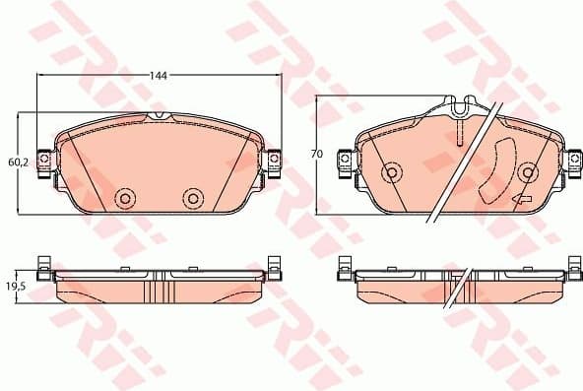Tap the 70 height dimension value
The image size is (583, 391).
[316, 155]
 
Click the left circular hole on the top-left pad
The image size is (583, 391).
[125, 198]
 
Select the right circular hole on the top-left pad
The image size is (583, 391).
[192, 198]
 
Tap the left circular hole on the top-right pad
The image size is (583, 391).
[391, 174]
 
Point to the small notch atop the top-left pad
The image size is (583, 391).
[159, 116]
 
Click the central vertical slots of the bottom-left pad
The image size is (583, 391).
[158, 290]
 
